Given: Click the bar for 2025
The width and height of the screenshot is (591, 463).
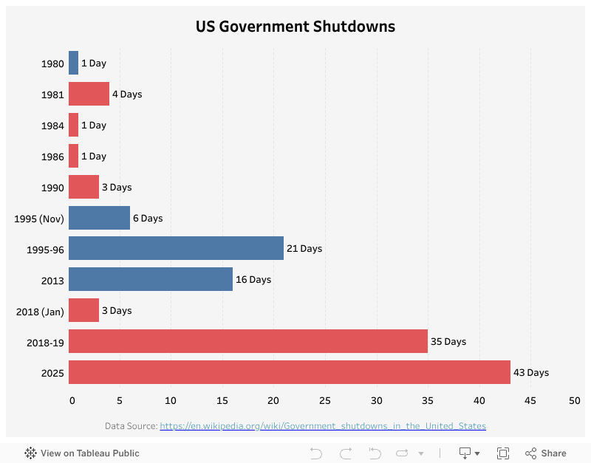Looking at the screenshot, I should coord(289,372).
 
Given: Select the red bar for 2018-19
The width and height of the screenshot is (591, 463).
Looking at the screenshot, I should coord(247,341).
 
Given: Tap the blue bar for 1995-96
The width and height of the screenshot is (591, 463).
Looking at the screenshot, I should coord(176,248).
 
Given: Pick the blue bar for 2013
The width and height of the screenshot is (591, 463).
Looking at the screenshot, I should coord(150,279).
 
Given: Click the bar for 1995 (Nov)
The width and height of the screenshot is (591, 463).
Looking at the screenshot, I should coord(99,218).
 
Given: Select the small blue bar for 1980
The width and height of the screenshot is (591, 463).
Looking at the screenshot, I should coord(73,63).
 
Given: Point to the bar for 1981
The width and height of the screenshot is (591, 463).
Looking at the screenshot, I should coord(89,94).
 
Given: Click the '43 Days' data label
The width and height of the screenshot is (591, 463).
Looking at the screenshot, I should coord(530,372).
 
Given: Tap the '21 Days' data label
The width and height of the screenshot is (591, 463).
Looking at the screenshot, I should coord(304,248).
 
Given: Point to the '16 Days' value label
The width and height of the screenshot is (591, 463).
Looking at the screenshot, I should coord(253,279).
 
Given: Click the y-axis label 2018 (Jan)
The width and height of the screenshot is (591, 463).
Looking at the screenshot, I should coord(40,312).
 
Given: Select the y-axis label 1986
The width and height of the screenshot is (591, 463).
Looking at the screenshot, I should coord(52,157).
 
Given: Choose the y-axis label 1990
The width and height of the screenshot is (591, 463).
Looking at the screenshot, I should coord(52,188).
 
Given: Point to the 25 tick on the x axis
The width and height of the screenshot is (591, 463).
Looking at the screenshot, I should coord(325,400).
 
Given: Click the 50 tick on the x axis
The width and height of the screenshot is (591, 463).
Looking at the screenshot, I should coord(574,400).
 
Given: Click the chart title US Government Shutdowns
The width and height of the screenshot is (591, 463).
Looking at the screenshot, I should coord(295,27).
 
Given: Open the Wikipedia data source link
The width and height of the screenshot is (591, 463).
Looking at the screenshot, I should coord(323,426).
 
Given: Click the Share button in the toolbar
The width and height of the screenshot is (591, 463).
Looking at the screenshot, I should coord(546,453).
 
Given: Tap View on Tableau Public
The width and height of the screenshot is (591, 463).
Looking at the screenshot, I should coord(82,453).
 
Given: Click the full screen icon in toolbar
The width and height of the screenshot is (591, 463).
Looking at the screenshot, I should coord(503,453).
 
